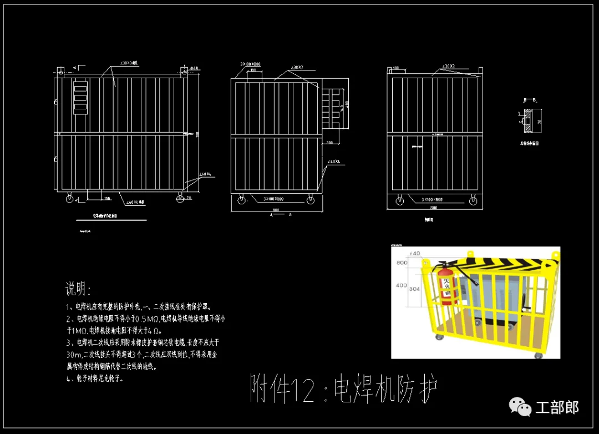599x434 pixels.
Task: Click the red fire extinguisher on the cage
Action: pyautogui.click(x=445, y=286)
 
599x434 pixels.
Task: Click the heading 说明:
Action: pyautogui.click(x=78, y=289)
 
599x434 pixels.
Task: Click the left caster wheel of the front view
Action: pyautogui.click(x=70, y=198)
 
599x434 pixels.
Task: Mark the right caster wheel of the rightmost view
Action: pyautogui.click(x=473, y=201)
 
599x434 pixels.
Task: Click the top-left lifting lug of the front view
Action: pyautogui.click(x=60, y=72)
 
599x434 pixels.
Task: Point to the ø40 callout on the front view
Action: pyautogui.click(x=194, y=69)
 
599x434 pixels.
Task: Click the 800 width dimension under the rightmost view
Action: pyautogui.click(x=433, y=207)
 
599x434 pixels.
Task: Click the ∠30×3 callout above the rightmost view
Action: pyautogui.click(x=448, y=67)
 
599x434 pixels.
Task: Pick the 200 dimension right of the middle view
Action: pyautogui.click(x=329, y=143)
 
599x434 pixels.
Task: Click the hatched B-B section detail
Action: pyautogui.click(x=529, y=122)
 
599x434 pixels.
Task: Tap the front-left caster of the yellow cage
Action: pyautogui.click(x=439, y=337)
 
